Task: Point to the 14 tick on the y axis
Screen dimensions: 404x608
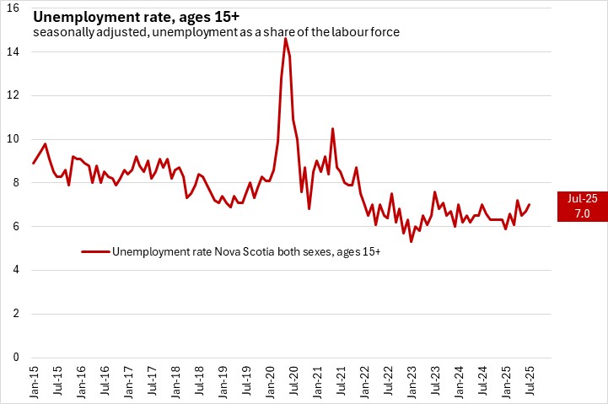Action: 14,51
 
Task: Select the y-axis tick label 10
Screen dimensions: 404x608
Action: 14,139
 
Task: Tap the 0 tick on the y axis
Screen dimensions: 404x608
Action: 17,358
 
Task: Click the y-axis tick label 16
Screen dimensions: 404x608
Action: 14,8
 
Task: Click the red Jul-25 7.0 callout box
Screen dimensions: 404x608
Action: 582,205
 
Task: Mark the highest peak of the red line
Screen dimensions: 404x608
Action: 285,39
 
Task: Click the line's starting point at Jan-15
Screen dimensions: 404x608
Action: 34,163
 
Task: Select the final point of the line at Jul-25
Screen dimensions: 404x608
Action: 530,204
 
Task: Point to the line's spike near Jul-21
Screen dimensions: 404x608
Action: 332,128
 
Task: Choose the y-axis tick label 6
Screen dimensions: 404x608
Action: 17,227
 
